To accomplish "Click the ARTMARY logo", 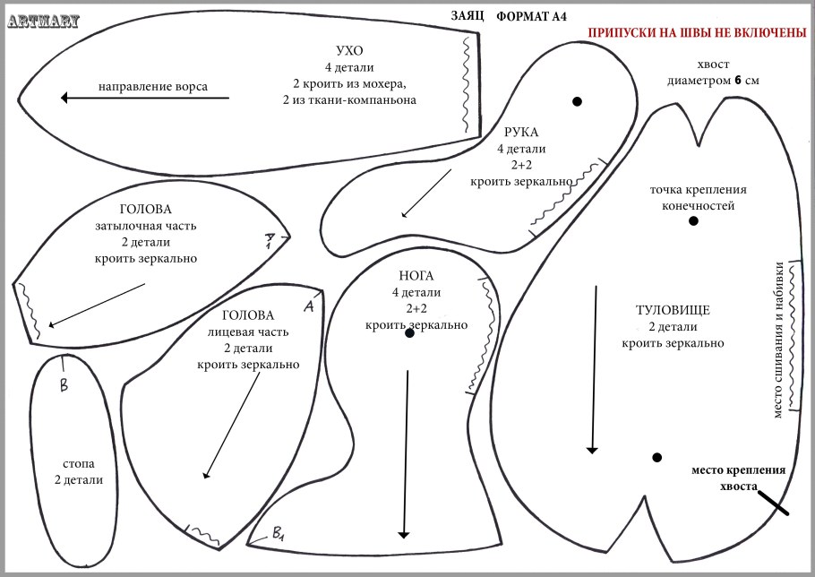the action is tap(44, 22).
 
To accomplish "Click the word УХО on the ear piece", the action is tap(349, 50).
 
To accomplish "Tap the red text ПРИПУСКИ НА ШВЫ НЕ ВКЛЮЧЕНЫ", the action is tap(697, 32).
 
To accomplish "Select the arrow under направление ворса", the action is tap(144, 98).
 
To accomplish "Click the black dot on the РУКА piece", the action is tap(577, 101).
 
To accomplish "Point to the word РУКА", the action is tap(521, 132).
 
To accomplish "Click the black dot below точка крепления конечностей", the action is tap(693, 221).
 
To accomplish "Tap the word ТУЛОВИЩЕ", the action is tap(673, 310).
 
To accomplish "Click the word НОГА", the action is tap(416, 275).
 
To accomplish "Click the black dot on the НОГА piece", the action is tap(409, 332).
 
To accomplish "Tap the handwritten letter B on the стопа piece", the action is tap(64, 385).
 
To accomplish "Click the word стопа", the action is tap(79, 463).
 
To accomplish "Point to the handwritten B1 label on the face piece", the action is tap(278, 533).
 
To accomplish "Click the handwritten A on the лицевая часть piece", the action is tap(309, 306).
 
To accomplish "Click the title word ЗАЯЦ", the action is tap(467, 15).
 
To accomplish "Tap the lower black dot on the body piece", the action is tap(657, 458).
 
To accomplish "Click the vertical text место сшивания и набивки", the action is tap(778, 340).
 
